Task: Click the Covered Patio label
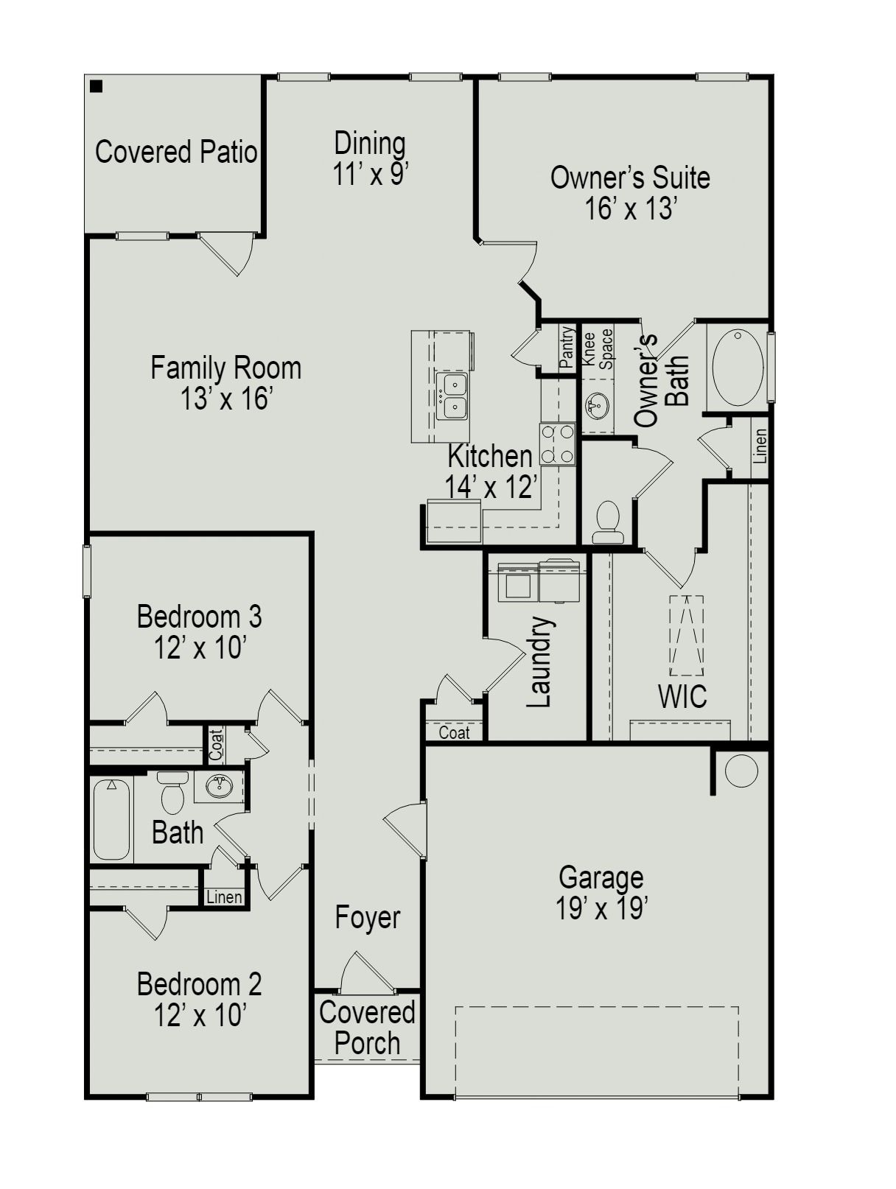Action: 176,152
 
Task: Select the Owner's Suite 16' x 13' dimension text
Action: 631,209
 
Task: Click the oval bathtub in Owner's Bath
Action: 738,367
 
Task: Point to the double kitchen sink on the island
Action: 452,396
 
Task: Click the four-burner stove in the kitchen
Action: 557,444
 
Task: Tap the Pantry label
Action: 567,347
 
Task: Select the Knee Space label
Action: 598,348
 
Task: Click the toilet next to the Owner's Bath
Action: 608,522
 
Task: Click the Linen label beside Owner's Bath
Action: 760,446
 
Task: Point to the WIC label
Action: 682,696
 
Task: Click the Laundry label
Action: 540,662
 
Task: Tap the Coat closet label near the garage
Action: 454,732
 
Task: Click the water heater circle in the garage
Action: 741,771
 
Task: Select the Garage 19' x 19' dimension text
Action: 601,909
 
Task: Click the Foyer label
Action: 368,917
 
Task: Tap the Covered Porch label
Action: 367,1028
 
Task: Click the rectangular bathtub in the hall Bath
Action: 112,819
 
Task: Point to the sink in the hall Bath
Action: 218,788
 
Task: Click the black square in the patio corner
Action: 96,86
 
